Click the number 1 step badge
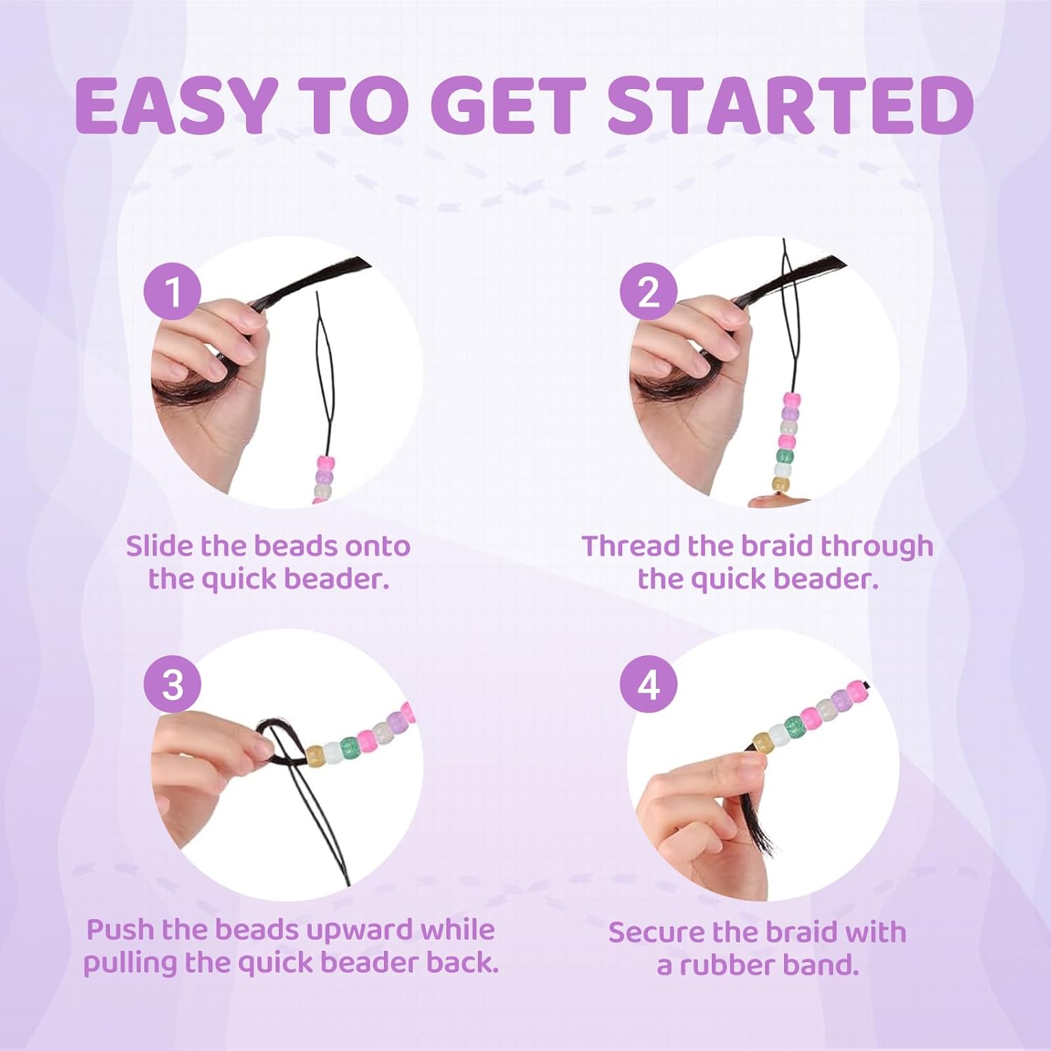click(x=172, y=291)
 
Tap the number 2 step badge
click(x=649, y=291)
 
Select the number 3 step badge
click(x=172, y=684)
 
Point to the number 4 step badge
click(x=649, y=684)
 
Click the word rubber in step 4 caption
click(x=726, y=966)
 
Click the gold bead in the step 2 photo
click(x=781, y=484)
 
